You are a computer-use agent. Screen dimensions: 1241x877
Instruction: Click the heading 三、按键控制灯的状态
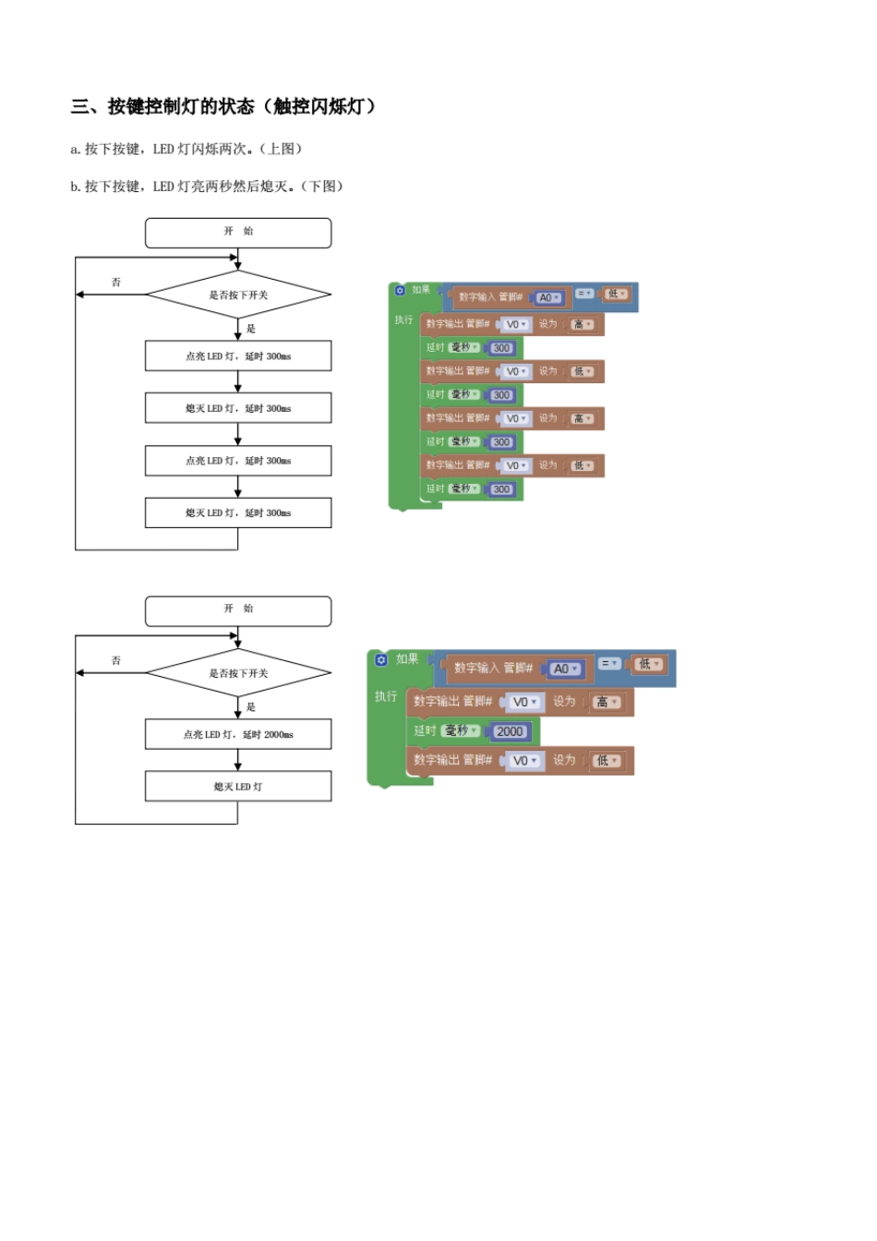coord(162,107)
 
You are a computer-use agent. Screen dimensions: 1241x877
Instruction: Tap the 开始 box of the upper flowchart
coord(238,233)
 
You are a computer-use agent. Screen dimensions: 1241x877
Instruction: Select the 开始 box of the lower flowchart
coord(238,610)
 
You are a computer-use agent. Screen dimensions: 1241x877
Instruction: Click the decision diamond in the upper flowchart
coord(238,295)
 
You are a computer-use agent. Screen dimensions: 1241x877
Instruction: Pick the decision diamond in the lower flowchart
coord(238,673)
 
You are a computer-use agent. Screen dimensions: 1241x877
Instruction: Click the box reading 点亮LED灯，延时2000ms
coord(238,735)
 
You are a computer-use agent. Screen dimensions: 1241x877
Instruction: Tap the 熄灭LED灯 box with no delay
coord(238,787)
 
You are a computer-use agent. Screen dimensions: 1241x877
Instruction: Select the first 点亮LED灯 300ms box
coord(238,356)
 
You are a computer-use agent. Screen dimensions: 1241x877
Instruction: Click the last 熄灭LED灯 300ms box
coord(238,513)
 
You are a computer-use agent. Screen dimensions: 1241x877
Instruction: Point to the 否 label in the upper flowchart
coord(116,283)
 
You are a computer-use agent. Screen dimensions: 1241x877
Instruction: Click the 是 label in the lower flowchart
coord(251,707)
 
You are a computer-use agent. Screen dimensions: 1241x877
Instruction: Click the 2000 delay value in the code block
coord(510,731)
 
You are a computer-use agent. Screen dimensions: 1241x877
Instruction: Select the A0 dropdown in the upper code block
coord(548,298)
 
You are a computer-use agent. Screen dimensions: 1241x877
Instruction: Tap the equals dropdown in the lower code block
coord(609,664)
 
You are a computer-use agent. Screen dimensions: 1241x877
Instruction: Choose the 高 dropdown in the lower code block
coord(607,703)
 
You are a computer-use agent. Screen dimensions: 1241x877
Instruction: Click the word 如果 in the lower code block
coord(407,659)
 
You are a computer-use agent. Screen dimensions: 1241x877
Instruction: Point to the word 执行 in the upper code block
coord(403,320)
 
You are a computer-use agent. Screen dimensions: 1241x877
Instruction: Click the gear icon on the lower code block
coord(381,660)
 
